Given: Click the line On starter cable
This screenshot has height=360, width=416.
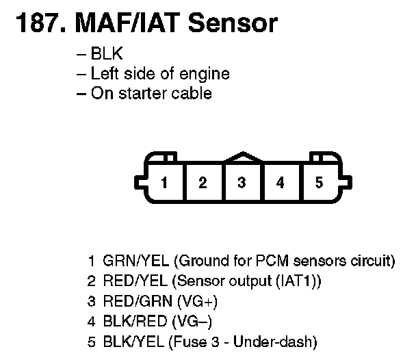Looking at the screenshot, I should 151,93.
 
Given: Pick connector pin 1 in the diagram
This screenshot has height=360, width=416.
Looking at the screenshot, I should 164,183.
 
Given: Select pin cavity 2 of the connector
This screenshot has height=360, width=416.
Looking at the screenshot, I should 203,183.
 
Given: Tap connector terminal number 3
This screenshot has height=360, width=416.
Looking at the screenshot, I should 242,183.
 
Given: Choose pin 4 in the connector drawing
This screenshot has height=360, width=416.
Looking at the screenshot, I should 280,183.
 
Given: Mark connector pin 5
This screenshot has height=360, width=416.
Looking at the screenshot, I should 319,183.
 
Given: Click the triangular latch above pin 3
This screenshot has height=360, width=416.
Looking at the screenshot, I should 242,157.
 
